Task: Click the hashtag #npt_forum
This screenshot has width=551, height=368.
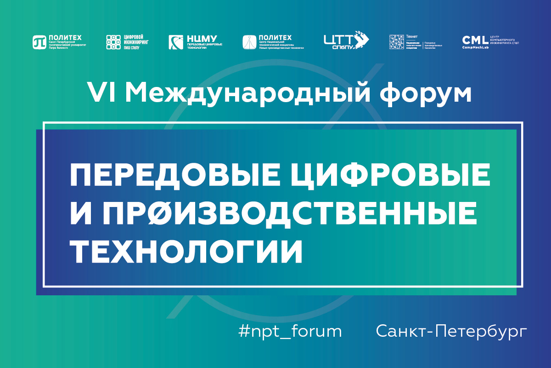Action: (290, 331)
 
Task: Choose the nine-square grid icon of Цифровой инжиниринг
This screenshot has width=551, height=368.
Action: (113, 42)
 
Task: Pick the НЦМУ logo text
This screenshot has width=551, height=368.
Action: (202, 38)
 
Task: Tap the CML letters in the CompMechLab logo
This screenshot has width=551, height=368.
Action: (475, 39)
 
